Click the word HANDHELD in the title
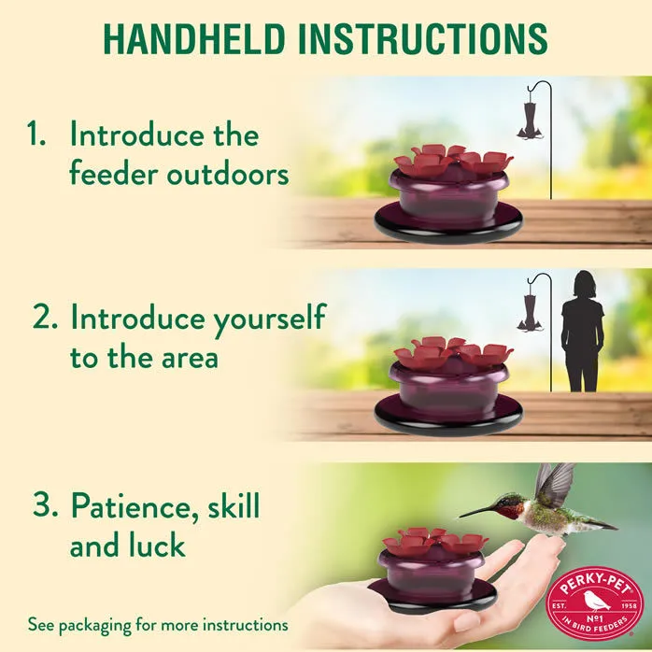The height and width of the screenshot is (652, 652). (x=194, y=38)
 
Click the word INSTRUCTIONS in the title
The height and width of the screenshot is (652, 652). (x=423, y=38)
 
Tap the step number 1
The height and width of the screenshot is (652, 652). (x=35, y=134)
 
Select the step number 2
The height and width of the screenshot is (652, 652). (x=45, y=316)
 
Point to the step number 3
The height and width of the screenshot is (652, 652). (x=45, y=504)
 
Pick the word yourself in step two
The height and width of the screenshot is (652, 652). (x=270, y=319)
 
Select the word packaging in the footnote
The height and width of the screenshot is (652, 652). (x=98, y=626)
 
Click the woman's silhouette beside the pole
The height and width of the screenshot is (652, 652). (x=582, y=331)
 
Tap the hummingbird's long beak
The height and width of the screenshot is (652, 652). (x=478, y=512)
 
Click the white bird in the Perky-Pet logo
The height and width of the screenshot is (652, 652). (x=595, y=601)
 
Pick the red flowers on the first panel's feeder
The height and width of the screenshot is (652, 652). (x=453, y=159)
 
